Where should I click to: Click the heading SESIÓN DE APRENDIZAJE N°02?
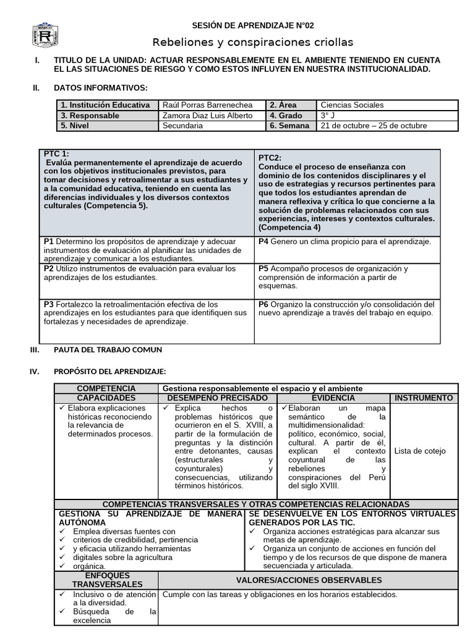(x=253, y=25)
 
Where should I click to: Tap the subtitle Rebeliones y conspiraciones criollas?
(x=253, y=42)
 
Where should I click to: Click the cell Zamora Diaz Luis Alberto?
(x=207, y=116)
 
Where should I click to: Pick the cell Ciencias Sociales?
(x=352, y=105)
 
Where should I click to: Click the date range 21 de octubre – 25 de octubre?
(x=374, y=125)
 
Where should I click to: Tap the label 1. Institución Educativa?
(x=105, y=105)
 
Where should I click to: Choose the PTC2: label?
(x=270, y=158)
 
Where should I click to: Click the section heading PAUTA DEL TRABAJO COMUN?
(x=108, y=350)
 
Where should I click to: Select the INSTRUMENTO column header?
(x=424, y=398)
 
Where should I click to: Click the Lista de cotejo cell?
(x=419, y=451)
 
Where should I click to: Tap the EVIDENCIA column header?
(x=333, y=398)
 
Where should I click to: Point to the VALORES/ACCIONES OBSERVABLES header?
(x=309, y=580)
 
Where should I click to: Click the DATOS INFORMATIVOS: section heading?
(x=101, y=88)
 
